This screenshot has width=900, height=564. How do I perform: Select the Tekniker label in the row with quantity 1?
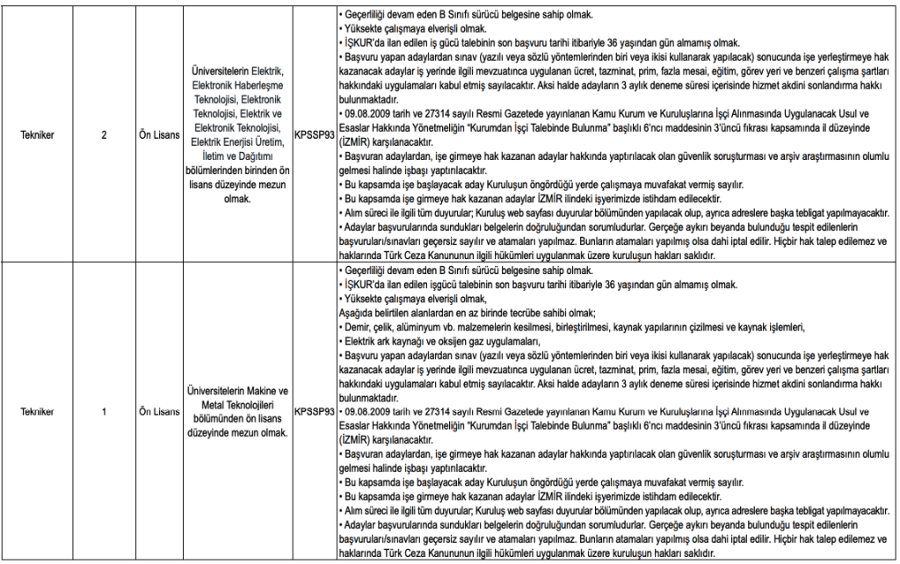coord(41,410)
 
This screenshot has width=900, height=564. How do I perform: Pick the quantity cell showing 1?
coord(104,410)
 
